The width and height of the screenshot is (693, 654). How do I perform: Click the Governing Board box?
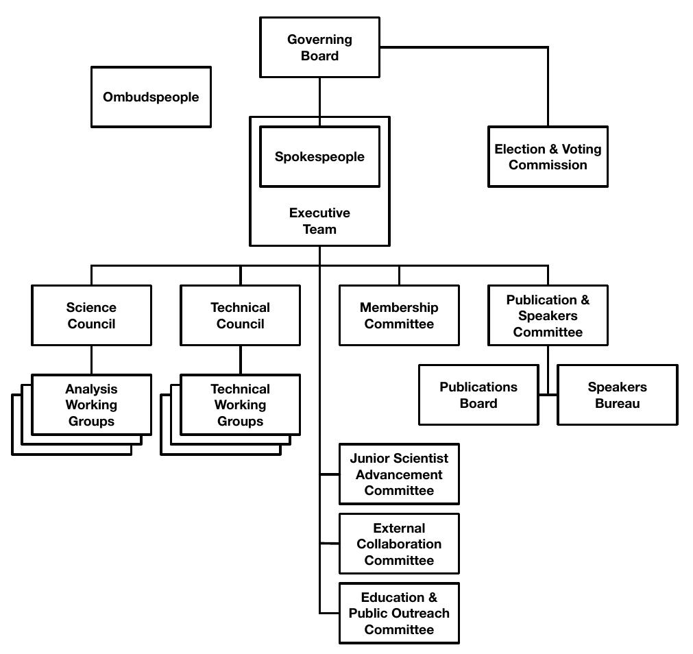[x=319, y=47]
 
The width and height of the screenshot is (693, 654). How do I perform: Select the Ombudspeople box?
[x=151, y=97]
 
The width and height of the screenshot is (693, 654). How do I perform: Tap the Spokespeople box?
[x=319, y=156]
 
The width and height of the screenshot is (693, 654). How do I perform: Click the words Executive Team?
[x=319, y=221]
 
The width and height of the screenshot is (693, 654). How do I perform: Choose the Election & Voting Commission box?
[x=548, y=156]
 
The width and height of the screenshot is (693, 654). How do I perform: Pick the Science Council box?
[x=91, y=315]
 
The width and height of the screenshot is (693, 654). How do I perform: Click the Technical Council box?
[x=240, y=315]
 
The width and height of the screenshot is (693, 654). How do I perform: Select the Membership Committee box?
[x=399, y=315]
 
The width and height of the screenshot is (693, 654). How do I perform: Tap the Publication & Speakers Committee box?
[x=548, y=315]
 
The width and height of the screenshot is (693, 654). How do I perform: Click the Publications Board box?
[x=478, y=395]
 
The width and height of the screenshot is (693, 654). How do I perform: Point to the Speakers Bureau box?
[x=617, y=395]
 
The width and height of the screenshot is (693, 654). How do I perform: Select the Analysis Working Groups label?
[x=91, y=404]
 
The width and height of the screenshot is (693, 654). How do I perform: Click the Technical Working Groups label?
[x=240, y=404]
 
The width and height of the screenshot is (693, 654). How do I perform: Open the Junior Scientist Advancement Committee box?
[x=399, y=474]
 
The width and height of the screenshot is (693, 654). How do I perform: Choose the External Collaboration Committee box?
[x=399, y=544]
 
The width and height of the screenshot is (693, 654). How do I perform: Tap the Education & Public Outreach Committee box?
[x=399, y=613]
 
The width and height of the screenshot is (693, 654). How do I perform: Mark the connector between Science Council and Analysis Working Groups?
[x=91, y=359]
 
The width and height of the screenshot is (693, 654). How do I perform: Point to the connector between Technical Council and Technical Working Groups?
[x=240, y=359]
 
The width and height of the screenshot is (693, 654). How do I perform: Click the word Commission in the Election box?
[x=548, y=165]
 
